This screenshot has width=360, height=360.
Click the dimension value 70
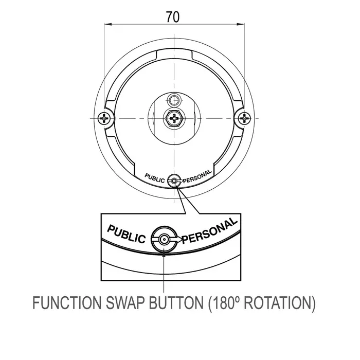[x=173, y=17]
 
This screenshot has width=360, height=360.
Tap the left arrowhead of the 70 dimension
[x=108, y=24]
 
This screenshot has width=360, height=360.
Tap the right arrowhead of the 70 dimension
[x=240, y=24]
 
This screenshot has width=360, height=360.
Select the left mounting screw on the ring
[x=104, y=118]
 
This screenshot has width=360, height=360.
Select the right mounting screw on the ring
[x=244, y=118]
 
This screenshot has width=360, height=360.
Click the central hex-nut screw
[x=174, y=118]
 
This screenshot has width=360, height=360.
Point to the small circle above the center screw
[x=174, y=100]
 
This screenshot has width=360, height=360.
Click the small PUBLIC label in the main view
[x=154, y=178]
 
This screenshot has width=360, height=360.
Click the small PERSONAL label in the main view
[x=197, y=176]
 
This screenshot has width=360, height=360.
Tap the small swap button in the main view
[x=174, y=181]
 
